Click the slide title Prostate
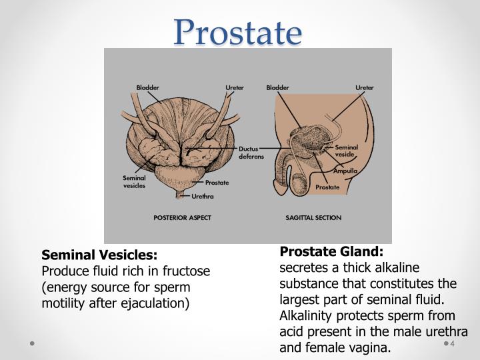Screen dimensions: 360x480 pos(239,33)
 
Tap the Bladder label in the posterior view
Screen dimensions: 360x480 pos(147,87)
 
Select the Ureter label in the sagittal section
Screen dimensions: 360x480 pos(364,87)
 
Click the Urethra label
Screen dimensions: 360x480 pos(203,196)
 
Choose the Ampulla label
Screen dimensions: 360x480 pos(345,171)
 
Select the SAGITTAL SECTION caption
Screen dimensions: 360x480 pos(313,217)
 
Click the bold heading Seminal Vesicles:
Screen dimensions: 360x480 pos(100,255)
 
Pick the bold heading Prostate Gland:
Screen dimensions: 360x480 pos(332,251)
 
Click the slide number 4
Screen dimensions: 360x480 pos(453,345)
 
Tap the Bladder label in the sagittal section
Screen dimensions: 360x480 pos(277,87)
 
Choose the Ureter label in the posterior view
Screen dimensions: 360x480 pos(234,87)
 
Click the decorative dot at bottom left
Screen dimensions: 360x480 pos(31,344)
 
